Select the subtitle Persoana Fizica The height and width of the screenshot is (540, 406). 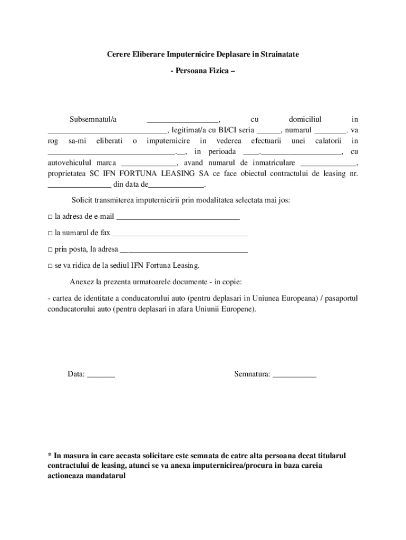click(203, 70)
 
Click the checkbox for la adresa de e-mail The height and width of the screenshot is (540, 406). click(50, 217)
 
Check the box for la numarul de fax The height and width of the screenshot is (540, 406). click(50, 233)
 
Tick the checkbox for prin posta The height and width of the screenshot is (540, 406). click(50, 249)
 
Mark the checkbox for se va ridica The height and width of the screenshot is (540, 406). click(50, 266)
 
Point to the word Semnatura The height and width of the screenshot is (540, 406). click(252, 374)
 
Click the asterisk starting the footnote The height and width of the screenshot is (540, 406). click(50, 456)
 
